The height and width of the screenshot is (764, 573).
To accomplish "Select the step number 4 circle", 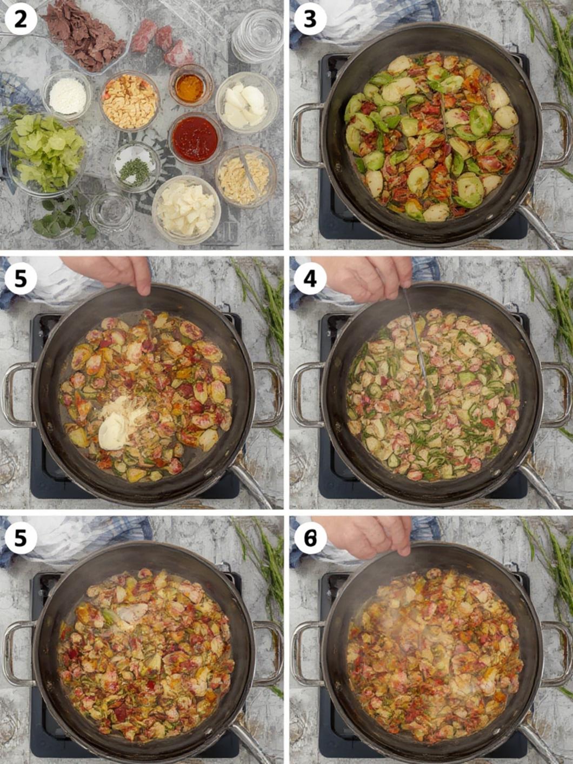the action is click(310, 278).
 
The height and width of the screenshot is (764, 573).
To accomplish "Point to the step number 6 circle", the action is click(310, 538).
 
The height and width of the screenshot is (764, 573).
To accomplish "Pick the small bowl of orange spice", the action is click(190, 85).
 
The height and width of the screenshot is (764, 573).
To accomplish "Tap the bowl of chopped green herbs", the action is click(135, 167).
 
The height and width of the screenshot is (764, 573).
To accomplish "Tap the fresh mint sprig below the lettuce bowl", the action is click(64, 219).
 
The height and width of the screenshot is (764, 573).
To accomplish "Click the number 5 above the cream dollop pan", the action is click(21, 278).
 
